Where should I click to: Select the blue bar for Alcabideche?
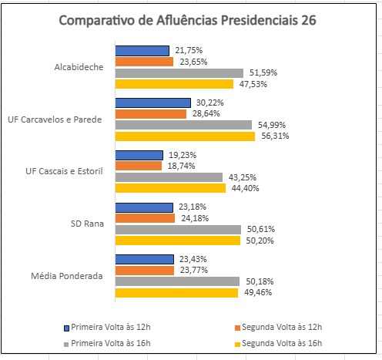pos(142,51)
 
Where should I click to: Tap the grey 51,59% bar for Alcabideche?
pos(179,73)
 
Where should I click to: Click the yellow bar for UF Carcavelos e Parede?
pos(185,136)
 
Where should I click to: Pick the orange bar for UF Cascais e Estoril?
pos(139,166)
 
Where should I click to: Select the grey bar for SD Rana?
pos(178,229)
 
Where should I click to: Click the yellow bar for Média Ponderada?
pos(176,293)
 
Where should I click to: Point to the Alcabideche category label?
pos(79,67)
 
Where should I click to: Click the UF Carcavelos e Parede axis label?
pos(55,119)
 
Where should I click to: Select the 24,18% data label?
pos(192,218)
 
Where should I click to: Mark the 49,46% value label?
pos(256,293)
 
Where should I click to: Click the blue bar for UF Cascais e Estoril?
pos(139,155)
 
